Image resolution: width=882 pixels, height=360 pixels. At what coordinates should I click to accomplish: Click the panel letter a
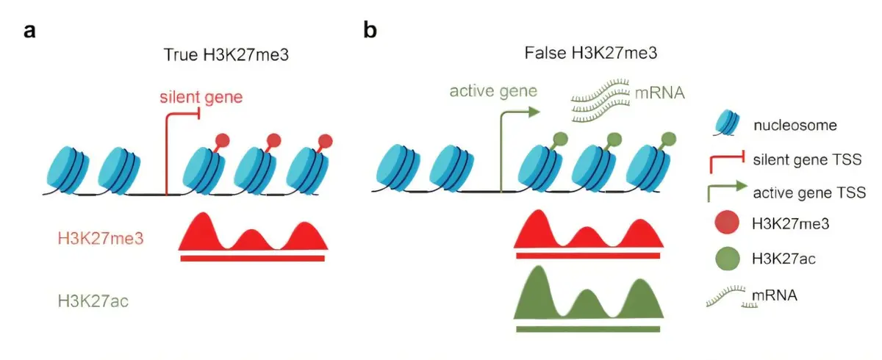[x=29, y=31]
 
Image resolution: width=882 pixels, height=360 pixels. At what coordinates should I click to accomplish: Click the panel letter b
[x=370, y=29]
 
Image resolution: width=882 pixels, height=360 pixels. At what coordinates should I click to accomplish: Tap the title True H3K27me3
[x=226, y=54]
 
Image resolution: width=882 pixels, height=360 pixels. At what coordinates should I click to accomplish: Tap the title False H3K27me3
[x=591, y=53]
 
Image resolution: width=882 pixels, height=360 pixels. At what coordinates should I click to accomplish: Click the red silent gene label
[x=201, y=97]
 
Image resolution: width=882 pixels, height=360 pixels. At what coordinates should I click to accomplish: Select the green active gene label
[x=493, y=91]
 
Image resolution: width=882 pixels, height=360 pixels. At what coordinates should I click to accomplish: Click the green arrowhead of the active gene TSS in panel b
[x=534, y=112]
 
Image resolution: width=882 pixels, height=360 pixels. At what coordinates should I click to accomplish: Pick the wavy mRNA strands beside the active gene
[x=600, y=101]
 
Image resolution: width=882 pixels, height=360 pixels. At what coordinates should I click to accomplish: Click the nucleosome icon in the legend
[x=726, y=123]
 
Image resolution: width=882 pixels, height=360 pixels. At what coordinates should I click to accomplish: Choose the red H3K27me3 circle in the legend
[x=727, y=223]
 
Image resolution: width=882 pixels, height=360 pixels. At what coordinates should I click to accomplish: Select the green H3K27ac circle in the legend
[x=727, y=259]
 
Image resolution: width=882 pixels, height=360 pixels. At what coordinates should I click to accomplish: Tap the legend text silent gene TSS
[x=807, y=159]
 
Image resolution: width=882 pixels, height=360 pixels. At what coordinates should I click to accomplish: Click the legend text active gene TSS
[x=809, y=192]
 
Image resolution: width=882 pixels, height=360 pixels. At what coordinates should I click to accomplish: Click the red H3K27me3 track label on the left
[x=101, y=239]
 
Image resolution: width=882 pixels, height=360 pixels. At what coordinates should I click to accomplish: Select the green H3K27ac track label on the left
[x=93, y=301]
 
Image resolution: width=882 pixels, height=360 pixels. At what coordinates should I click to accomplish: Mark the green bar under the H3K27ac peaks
[x=588, y=329]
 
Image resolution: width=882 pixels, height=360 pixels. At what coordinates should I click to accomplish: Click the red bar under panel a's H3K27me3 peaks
[x=252, y=259]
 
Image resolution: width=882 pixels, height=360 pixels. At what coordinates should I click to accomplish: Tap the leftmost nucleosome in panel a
[x=68, y=170]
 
